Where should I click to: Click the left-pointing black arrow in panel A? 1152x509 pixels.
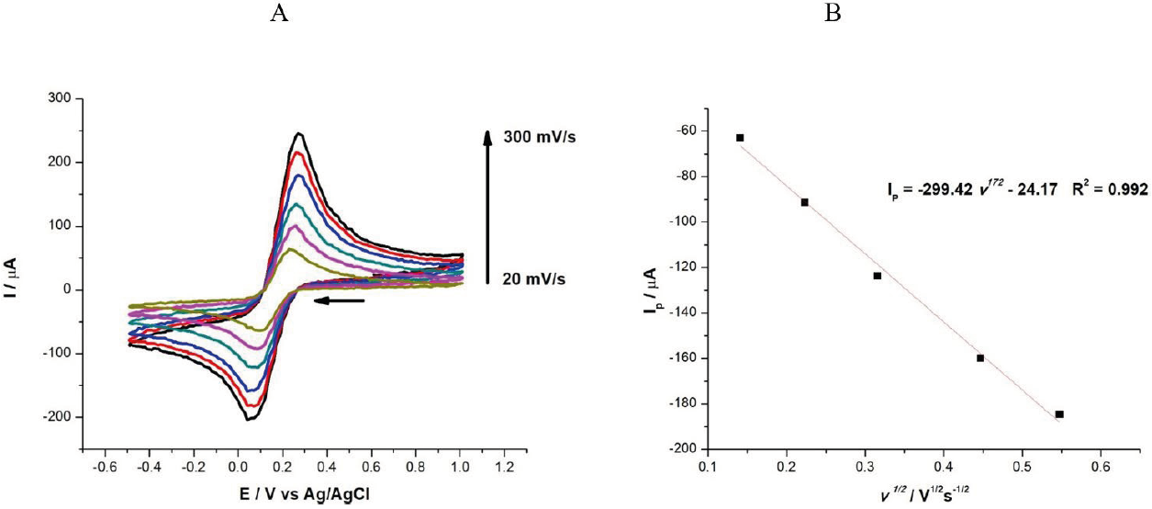339,300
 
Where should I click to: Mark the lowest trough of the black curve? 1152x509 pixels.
250,419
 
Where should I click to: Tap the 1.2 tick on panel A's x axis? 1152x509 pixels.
504,468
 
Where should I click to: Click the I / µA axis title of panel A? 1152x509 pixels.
16,259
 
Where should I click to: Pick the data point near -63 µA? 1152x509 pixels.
740,138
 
